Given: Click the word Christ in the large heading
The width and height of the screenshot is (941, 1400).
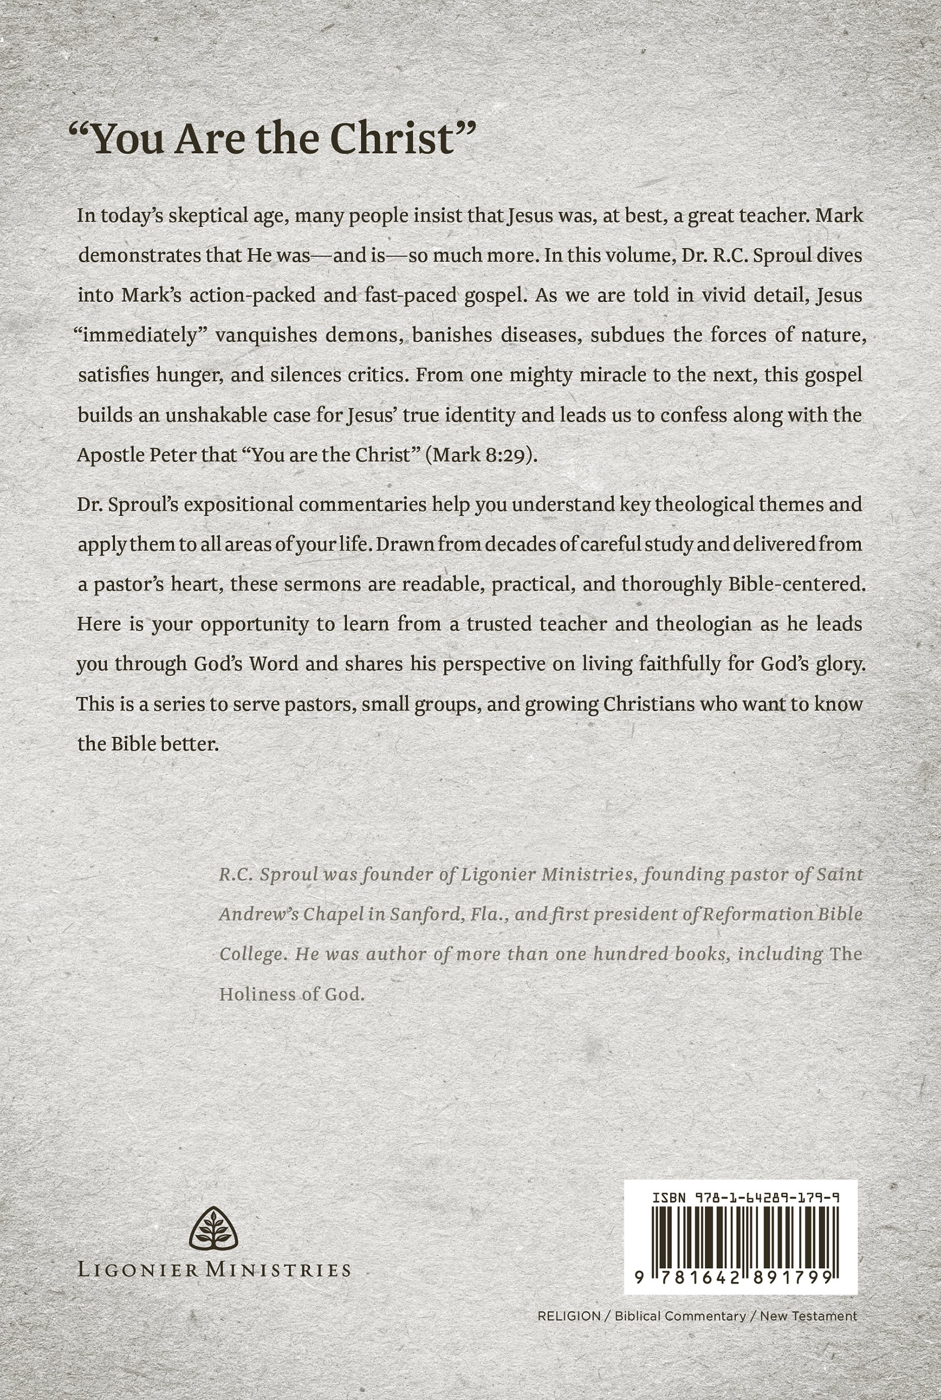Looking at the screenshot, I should [x=401, y=138].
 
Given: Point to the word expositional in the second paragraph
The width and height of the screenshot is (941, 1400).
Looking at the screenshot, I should [x=240, y=504].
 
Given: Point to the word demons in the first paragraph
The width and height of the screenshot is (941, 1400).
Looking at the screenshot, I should [x=365, y=335].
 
